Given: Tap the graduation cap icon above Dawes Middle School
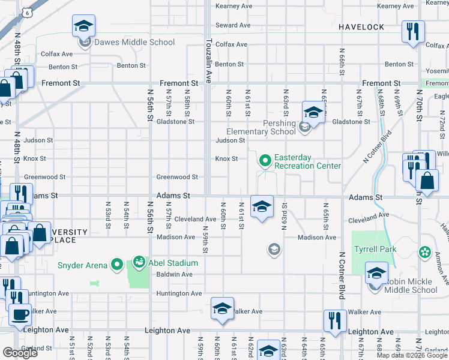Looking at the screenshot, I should (84, 26).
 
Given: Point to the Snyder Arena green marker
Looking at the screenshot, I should (117, 265).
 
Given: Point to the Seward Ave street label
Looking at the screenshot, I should (232, 25).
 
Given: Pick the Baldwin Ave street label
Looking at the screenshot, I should (174, 274).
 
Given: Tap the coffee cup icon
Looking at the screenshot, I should (19, 314).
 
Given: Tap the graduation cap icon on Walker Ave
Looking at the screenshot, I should (222, 309).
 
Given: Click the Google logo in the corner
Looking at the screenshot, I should (20, 353).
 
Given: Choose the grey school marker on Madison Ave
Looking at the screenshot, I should (274, 248).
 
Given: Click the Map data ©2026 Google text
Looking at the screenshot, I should (411, 355).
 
